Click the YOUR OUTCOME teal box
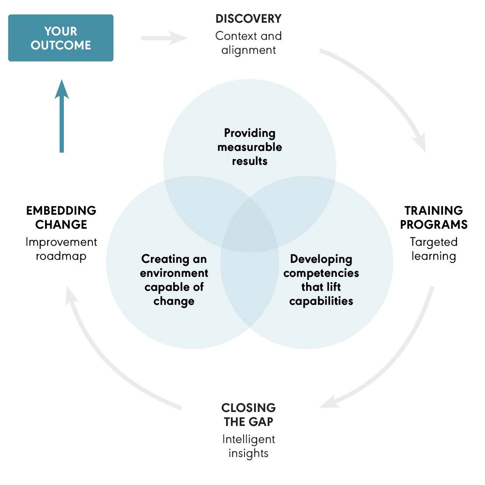pyautogui.click(x=61, y=38)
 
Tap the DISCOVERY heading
pyautogui.click(x=248, y=19)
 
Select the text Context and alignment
pyautogui.click(x=248, y=43)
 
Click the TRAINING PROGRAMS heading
pyautogui.click(x=433, y=217)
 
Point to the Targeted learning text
pyautogui.click(x=433, y=249)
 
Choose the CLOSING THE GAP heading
pyautogui.click(x=248, y=415)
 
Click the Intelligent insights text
pyautogui.click(x=248, y=446)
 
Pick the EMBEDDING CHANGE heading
pyautogui.click(x=61, y=217)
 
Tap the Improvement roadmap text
pyautogui.click(x=61, y=249)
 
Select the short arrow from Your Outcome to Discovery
pyautogui.click(x=164, y=38)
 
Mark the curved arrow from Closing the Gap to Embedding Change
pyautogui.click(x=105, y=363)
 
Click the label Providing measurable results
pyautogui.click(x=250, y=147)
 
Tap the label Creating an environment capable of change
pyautogui.click(x=174, y=280)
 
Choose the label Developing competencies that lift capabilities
pyautogui.click(x=321, y=280)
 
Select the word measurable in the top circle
pyautogui.click(x=250, y=147)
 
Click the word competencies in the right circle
pyautogui.click(x=321, y=273)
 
